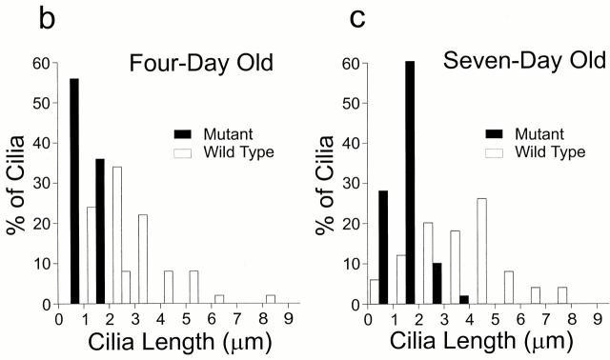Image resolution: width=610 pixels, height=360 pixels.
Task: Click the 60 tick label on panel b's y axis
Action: (x=39, y=64)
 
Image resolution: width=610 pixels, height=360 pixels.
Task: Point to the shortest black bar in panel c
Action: (x=464, y=300)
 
